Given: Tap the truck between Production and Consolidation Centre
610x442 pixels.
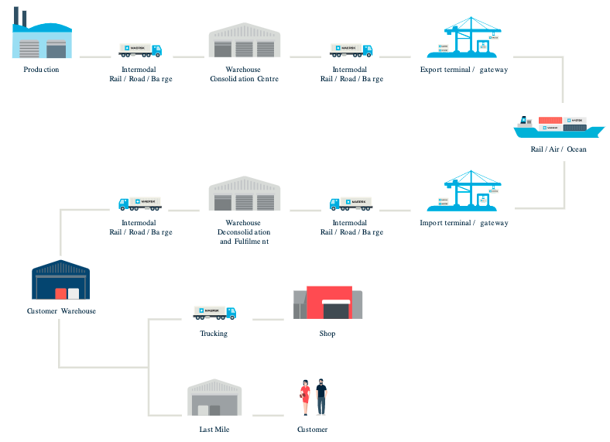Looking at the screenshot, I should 140,50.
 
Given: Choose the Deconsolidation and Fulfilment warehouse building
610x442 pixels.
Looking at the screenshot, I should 244,195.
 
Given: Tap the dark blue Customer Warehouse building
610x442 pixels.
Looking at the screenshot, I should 61,280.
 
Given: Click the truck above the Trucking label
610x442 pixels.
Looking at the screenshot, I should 214,313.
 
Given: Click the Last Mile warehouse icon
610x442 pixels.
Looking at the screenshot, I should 214,398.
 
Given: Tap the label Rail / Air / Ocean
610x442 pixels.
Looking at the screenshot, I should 558,149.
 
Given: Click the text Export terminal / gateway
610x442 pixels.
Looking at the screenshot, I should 464,70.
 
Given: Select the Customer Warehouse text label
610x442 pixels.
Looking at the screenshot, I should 61,311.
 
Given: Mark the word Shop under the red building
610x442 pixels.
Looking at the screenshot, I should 327,334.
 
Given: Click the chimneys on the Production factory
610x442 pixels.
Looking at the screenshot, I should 20,15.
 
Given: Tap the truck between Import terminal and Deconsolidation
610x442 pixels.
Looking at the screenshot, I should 351,204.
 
